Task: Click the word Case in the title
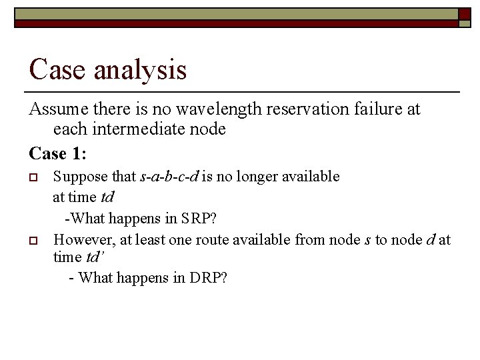(x=55, y=69)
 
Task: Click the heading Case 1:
(x=57, y=153)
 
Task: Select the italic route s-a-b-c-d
(x=170, y=177)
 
